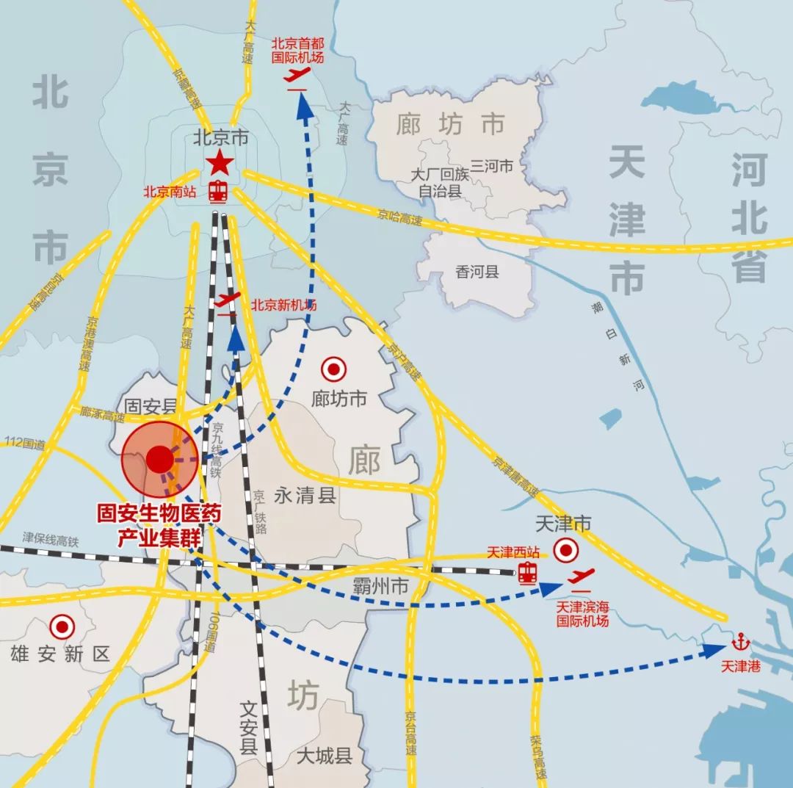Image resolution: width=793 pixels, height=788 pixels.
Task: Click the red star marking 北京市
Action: click(220, 163)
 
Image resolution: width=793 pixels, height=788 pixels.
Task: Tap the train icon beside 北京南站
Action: click(218, 192)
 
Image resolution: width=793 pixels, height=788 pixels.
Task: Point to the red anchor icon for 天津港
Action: click(739, 642)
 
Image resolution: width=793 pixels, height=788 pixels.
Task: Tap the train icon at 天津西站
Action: click(527, 572)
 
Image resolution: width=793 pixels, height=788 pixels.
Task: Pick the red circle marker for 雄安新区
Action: click(62, 627)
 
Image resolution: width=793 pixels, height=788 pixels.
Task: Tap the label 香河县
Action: click(477, 272)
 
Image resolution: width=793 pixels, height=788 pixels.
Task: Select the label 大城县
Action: click(324, 756)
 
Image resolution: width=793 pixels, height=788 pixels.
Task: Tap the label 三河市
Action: click(491, 166)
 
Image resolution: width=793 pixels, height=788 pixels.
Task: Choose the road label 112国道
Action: click(24, 443)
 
